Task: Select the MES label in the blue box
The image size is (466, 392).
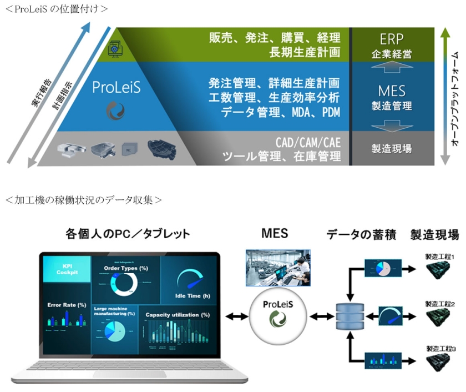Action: [392, 90]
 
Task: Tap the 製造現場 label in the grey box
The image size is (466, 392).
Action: [392, 148]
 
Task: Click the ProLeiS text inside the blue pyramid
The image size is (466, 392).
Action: [116, 88]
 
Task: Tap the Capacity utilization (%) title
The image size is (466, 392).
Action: [178, 315]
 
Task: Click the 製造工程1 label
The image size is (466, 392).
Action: [440, 257]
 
